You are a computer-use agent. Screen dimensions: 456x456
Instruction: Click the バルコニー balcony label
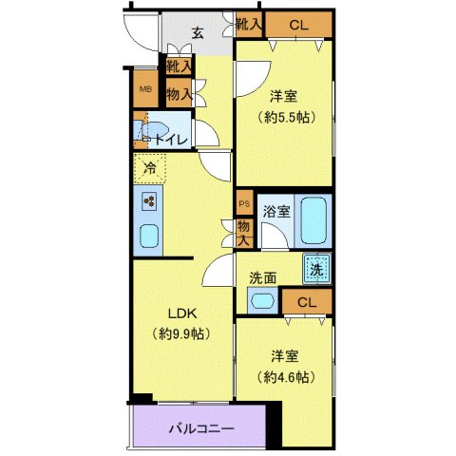point(201,428)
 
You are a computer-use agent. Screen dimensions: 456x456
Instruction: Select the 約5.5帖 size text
point(286,118)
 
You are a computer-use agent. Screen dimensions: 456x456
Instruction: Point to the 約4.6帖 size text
point(285,376)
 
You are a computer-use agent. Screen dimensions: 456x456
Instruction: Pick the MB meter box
point(145,90)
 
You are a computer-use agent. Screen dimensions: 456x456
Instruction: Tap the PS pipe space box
point(244,202)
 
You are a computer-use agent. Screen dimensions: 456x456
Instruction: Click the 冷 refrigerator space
point(149,169)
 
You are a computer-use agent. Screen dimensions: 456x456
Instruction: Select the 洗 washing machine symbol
point(317,269)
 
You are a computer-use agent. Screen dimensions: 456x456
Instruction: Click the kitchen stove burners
point(149,200)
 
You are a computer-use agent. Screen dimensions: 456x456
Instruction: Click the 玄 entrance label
point(198,33)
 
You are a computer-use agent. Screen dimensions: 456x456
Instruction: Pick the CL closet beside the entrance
point(298,25)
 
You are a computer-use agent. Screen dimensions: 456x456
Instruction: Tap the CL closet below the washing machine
point(305,303)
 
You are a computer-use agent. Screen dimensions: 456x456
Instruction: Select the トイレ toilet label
point(171,140)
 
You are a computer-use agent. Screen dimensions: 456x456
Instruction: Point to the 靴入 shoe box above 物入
point(178,66)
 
